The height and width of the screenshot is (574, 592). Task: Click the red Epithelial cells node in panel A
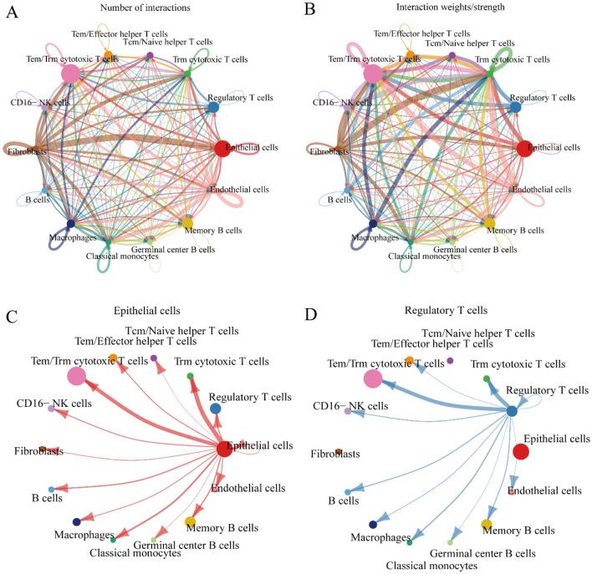223,149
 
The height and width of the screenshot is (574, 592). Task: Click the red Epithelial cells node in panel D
520,451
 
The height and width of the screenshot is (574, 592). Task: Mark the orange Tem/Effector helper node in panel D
410,360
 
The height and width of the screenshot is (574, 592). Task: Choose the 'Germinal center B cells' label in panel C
182,546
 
